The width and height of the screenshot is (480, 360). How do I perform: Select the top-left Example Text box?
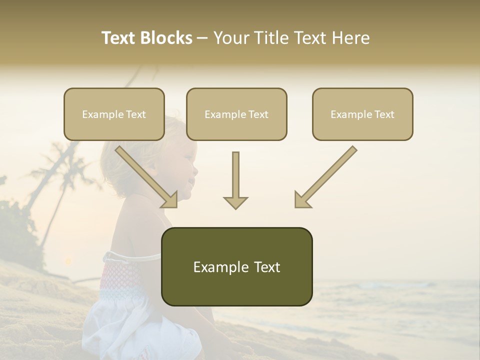click(x=114, y=114)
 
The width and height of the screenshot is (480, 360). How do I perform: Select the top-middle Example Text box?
click(x=236, y=114)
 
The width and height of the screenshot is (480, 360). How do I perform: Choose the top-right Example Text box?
click(x=362, y=114)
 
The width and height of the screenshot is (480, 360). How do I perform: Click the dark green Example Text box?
click(x=236, y=266)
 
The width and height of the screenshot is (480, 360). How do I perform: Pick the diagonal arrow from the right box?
click(x=325, y=177)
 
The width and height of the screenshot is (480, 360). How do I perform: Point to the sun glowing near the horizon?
click(x=67, y=260)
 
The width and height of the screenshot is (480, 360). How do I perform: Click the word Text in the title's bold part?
click(x=118, y=38)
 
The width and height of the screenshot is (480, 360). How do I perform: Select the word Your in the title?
click(x=230, y=38)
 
